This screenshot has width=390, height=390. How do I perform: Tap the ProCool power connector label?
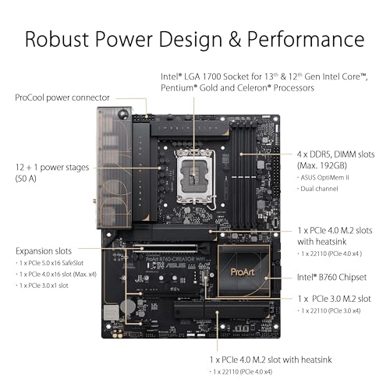point(57,98)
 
